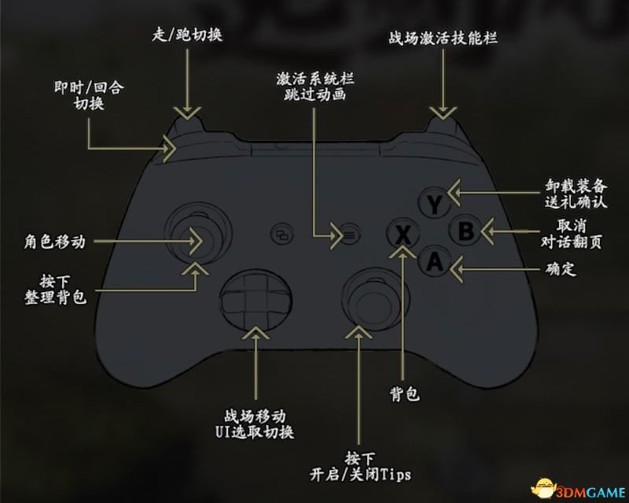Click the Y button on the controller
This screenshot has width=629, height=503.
pyautogui.click(x=433, y=204)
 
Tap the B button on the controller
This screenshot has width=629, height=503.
pyautogui.click(x=465, y=231)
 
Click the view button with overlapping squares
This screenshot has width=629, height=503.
pyautogui.click(x=281, y=233)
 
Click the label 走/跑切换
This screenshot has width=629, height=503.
pyautogui.click(x=186, y=35)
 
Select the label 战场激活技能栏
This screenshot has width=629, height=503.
pyautogui.click(x=443, y=38)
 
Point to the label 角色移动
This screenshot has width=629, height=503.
pyautogui.click(x=54, y=242)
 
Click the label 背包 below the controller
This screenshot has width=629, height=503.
pyautogui.click(x=404, y=394)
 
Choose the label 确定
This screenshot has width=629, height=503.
pyautogui.click(x=561, y=269)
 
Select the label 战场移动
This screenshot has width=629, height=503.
pyautogui.click(x=254, y=416)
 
